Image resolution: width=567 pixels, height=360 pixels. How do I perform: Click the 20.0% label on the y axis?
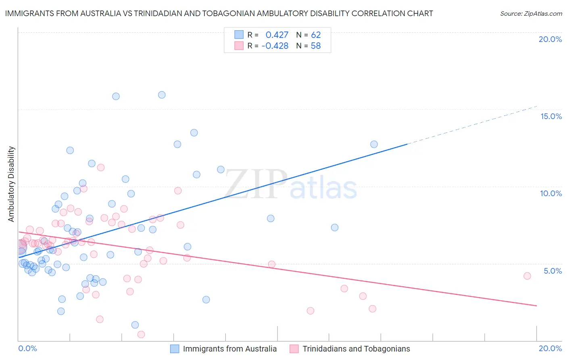click(x=550, y=39)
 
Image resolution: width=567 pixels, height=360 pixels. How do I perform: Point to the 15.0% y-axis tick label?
click(x=551, y=116)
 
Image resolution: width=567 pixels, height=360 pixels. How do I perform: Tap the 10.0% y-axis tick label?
click(x=551, y=193)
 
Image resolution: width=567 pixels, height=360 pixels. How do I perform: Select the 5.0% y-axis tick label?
click(x=552, y=271)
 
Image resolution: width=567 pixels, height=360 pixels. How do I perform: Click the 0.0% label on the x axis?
click(x=27, y=348)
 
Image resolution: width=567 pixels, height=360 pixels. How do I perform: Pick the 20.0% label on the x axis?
click(x=550, y=348)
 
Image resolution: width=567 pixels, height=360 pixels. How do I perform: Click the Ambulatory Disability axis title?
click(x=11, y=184)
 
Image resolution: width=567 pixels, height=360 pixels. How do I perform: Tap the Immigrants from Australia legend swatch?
click(x=175, y=349)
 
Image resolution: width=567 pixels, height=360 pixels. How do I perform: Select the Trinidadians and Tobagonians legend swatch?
click(x=294, y=349)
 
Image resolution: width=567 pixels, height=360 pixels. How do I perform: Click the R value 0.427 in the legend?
click(x=277, y=35)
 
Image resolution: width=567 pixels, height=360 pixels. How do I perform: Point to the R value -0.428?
click(x=275, y=46)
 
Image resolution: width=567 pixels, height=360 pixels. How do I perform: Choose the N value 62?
click(x=316, y=35)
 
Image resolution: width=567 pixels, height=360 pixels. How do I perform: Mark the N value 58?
click(x=316, y=46)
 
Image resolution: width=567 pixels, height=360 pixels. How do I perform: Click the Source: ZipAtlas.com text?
click(x=531, y=14)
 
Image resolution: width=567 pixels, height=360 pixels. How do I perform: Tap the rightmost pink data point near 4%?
click(x=527, y=276)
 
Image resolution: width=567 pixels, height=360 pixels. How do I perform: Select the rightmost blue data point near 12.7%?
click(x=374, y=144)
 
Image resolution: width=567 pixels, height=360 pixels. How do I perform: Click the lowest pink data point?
click(x=141, y=334)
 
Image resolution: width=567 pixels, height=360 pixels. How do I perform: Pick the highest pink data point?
click(x=101, y=167)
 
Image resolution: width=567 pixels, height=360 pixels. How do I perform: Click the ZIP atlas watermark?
click(x=290, y=184)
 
